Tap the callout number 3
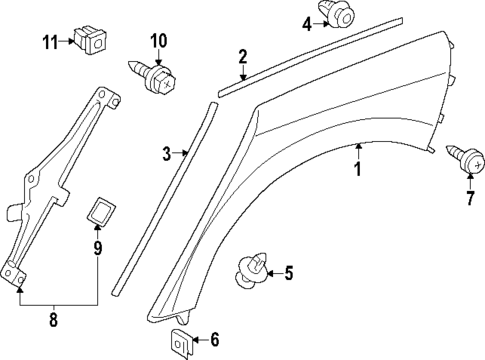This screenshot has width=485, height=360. [x=168, y=153]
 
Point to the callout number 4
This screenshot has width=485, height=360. [x=307, y=23]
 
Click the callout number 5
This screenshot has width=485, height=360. [x=289, y=271]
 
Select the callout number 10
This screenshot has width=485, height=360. [x=158, y=41]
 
